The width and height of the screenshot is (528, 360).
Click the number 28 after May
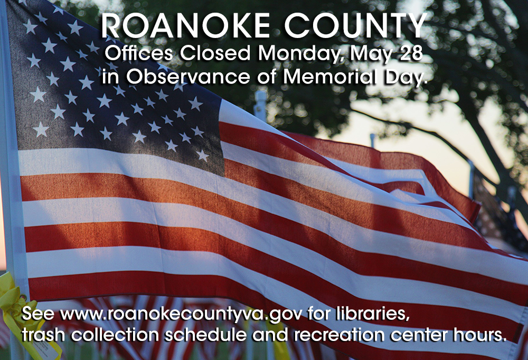pos(407,54)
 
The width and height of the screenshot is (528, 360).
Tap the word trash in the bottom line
pos(43,335)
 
